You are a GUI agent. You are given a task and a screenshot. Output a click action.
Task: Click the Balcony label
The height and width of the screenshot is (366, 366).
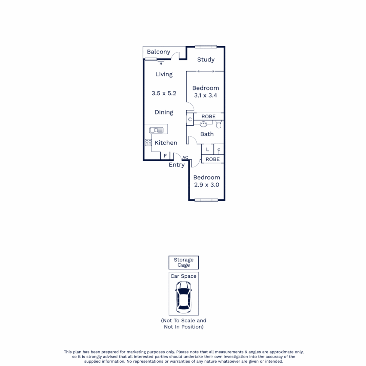(x=159, y=52)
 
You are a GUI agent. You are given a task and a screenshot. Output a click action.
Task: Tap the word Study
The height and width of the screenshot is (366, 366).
(x=206, y=60)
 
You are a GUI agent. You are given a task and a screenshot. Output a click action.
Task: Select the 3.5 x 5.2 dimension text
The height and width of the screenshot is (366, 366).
(x=164, y=93)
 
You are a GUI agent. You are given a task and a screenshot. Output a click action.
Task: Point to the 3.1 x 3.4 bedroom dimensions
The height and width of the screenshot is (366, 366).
(x=206, y=96)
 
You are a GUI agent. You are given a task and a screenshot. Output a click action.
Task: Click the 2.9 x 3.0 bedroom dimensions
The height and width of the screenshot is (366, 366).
(x=206, y=185)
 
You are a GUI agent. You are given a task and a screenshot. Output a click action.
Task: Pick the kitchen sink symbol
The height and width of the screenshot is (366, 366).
(x=156, y=130)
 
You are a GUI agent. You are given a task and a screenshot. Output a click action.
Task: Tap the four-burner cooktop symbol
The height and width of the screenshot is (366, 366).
(x=148, y=143)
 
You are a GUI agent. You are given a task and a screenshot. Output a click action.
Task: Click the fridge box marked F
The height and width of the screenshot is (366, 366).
(x=165, y=156)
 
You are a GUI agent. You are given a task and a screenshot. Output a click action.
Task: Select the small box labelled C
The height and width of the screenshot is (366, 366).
(x=190, y=120)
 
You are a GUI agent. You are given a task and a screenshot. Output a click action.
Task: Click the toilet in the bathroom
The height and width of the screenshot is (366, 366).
(x=219, y=125)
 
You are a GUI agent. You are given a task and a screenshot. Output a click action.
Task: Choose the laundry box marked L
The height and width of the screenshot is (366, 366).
(x=207, y=149)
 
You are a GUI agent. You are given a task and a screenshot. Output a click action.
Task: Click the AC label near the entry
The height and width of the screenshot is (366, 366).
(x=185, y=158)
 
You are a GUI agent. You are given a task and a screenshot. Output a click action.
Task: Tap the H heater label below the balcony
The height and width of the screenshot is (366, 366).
(x=161, y=63)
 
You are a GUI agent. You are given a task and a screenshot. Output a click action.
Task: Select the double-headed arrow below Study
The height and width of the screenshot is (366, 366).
(x=206, y=71)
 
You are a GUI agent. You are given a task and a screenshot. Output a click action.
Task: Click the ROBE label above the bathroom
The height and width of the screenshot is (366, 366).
(x=208, y=117)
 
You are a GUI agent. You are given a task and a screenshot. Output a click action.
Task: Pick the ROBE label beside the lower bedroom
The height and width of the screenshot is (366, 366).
(x=212, y=159)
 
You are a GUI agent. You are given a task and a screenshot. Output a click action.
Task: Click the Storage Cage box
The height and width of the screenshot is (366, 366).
(x=184, y=262)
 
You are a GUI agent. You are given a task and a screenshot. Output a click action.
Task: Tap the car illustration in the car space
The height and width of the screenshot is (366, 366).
(x=183, y=298)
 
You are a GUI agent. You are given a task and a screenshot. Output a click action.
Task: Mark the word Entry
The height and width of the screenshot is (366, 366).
(x=177, y=165)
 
